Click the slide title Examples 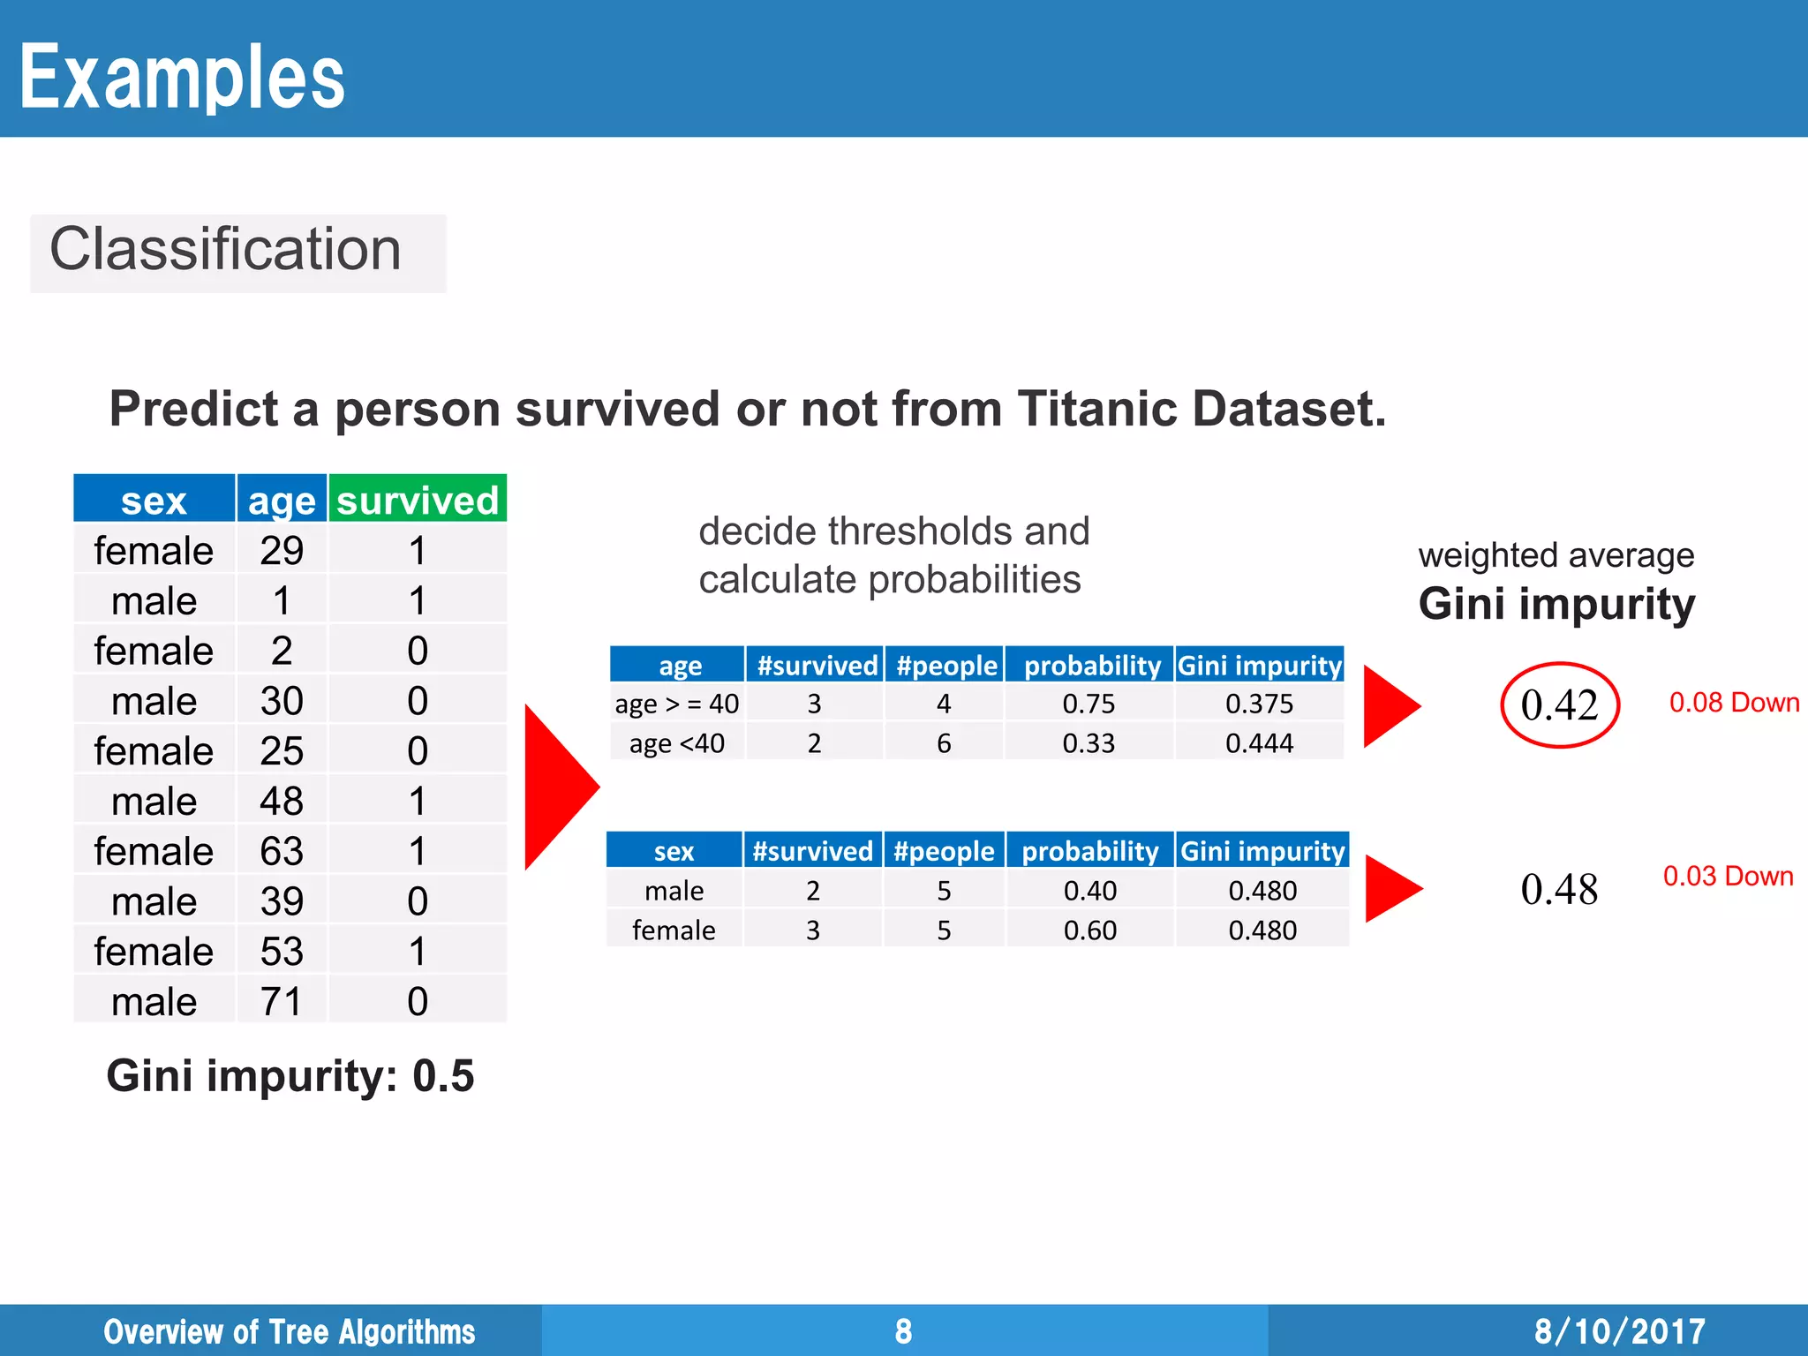(x=182, y=78)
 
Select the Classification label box (x=237, y=252)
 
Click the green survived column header (x=418, y=500)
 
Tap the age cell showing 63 (x=282, y=851)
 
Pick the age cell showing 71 (x=282, y=1001)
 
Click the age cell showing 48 (x=282, y=801)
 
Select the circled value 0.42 (x=1559, y=705)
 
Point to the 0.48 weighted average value (x=1559, y=889)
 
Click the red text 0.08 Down (x=1734, y=703)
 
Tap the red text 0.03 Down (x=1728, y=876)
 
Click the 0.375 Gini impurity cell (x=1259, y=704)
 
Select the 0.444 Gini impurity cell (x=1259, y=743)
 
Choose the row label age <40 (x=676, y=743)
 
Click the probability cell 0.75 (x=1089, y=704)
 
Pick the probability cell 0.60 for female (x=1089, y=930)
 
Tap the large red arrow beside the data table (x=556, y=787)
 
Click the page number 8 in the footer (x=903, y=1330)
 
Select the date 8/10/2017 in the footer (x=1619, y=1330)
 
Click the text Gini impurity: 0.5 (x=290, y=1075)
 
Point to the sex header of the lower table (x=674, y=851)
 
